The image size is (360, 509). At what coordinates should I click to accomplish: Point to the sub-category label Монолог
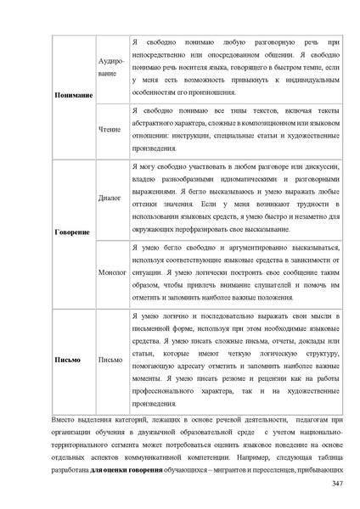pos(111,274)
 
